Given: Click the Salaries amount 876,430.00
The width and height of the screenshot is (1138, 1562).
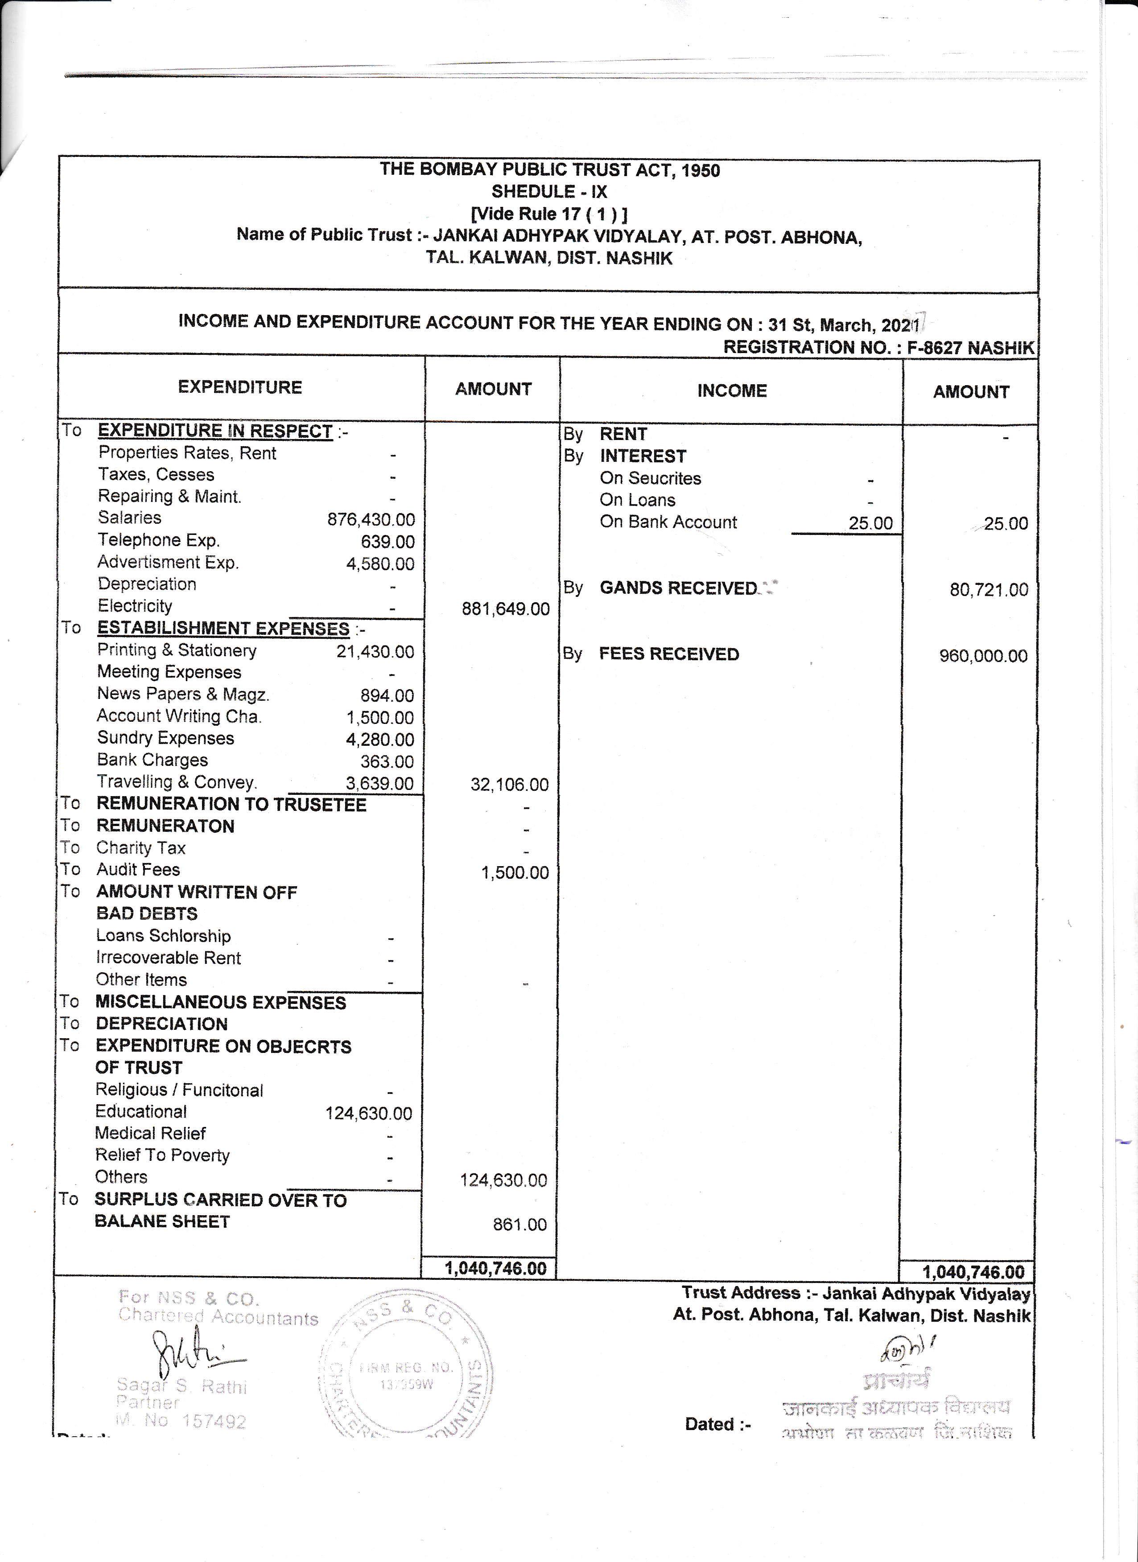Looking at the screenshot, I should (x=371, y=519).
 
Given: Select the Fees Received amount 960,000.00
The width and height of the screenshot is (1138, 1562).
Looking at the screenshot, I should (x=983, y=656).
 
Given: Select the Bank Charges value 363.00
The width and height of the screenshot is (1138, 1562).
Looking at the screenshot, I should (x=387, y=762).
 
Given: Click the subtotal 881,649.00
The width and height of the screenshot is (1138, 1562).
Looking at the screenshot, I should (x=506, y=609).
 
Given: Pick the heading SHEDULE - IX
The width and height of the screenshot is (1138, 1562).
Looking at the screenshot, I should (x=549, y=192).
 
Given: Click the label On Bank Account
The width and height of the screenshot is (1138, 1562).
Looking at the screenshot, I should (x=668, y=522).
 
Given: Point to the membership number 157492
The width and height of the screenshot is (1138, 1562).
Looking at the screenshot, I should (x=214, y=1422).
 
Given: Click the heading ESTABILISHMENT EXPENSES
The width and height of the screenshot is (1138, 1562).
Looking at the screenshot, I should (x=223, y=629).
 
